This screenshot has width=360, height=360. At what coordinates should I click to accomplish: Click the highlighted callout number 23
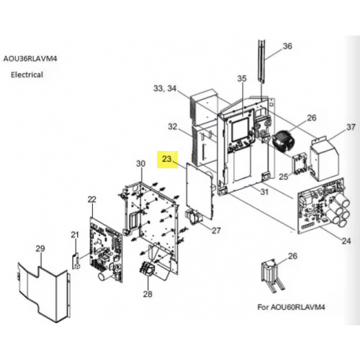[167, 159]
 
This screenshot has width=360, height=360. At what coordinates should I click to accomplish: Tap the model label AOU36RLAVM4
[30, 58]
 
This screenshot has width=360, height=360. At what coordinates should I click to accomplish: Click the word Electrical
[27, 75]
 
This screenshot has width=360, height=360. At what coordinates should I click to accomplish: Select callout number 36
[287, 46]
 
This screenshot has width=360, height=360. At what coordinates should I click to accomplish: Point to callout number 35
[242, 79]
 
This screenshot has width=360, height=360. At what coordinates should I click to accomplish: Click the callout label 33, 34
[165, 88]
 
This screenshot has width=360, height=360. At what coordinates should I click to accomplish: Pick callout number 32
[172, 127]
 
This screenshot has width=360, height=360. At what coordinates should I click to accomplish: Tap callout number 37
[351, 127]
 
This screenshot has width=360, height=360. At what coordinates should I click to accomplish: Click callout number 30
[141, 163]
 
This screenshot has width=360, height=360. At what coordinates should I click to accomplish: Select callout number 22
[92, 199]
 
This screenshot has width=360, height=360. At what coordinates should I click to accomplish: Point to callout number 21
[75, 234]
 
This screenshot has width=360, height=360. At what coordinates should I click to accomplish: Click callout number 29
[40, 248]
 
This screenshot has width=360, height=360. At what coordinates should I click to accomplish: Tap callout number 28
[148, 294]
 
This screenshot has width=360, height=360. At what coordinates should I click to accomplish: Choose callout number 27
[216, 230]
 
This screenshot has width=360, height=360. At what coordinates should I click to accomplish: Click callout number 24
[346, 241]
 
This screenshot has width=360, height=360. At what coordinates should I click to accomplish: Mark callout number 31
[264, 192]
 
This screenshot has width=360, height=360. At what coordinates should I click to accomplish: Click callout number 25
[283, 177]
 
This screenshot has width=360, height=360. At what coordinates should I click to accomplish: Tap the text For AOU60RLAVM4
[291, 307]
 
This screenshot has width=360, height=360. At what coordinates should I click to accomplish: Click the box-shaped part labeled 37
[324, 160]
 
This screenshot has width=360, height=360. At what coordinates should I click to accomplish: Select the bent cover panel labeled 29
[44, 292]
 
